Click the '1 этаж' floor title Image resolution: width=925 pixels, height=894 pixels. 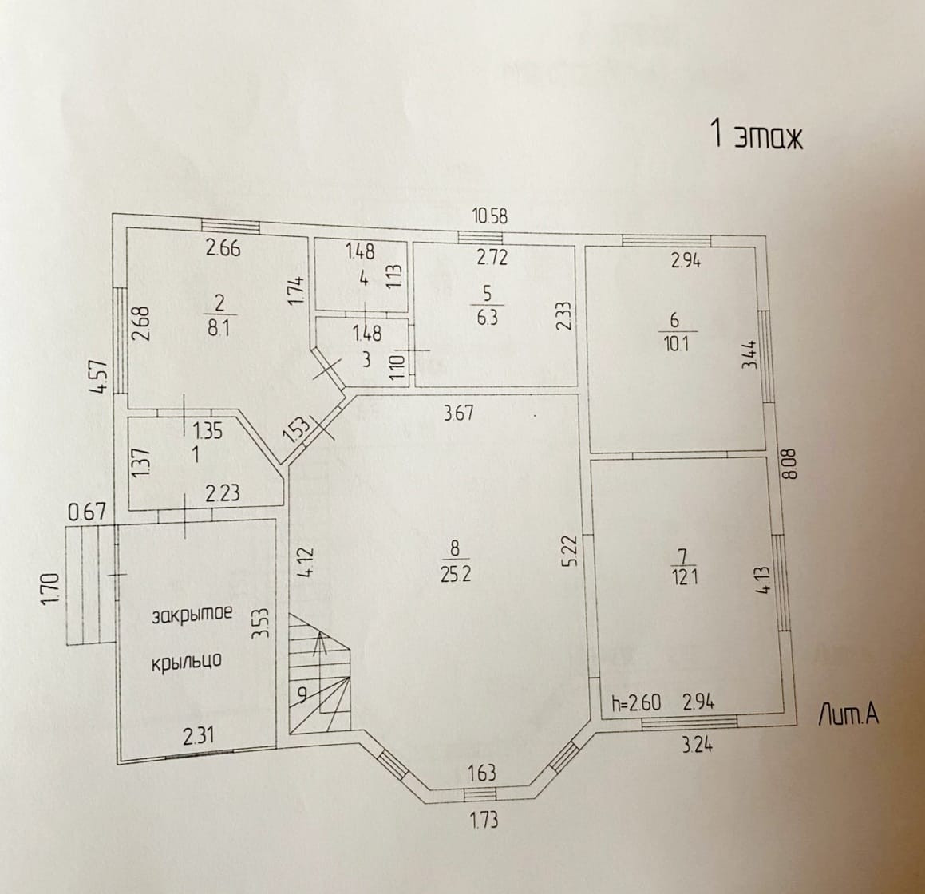click(756, 136)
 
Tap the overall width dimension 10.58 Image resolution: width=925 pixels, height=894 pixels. click(490, 216)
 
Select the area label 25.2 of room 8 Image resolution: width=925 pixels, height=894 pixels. click(455, 574)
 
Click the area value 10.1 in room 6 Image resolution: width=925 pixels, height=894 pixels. click(674, 344)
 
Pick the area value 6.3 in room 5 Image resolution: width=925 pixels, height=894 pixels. click(486, 317)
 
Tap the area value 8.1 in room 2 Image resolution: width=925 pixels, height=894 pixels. click(217, 327)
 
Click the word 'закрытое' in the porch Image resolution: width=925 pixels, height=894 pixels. click(192, 615)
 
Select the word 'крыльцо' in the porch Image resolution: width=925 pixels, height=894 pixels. click(186, 661)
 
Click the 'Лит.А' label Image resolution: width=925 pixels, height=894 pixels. click(848, 716)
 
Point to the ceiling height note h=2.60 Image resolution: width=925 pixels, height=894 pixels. click(635, 703)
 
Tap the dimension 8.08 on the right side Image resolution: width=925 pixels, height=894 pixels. click(790, 462)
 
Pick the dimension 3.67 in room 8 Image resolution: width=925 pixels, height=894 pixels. click(460, 413)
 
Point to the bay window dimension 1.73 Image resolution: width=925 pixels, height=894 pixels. click(482, 820)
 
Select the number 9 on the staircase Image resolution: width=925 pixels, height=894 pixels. click(302, 694)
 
